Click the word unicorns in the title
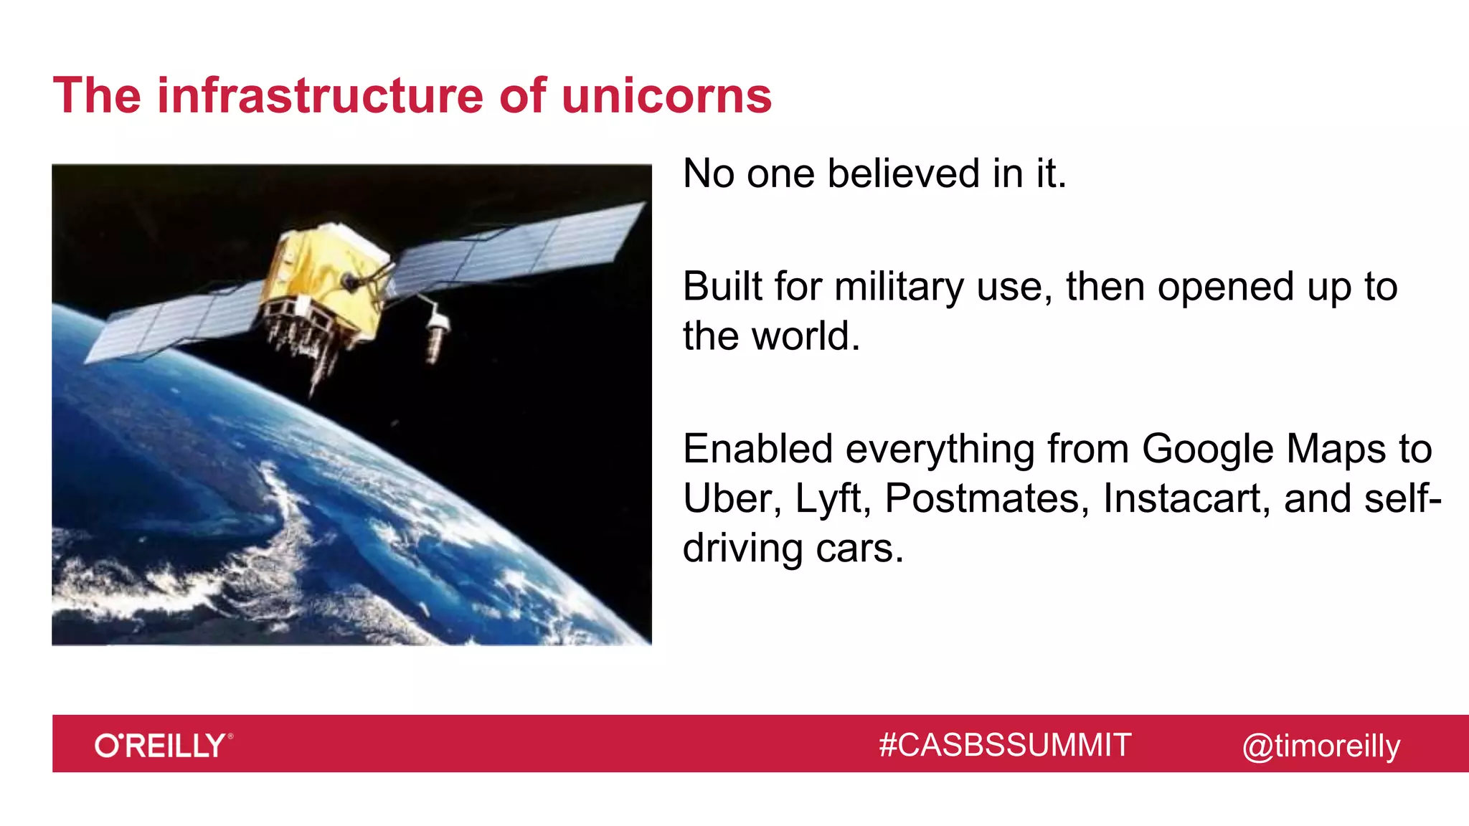click(x=666, y=96)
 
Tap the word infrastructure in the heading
click(x=320, y=96)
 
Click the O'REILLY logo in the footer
click(x=163, y=746)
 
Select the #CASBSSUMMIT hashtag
click(x=1005, y=745)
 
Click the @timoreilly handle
click(x=1321, y=746)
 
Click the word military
click(x=899, y=287)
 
